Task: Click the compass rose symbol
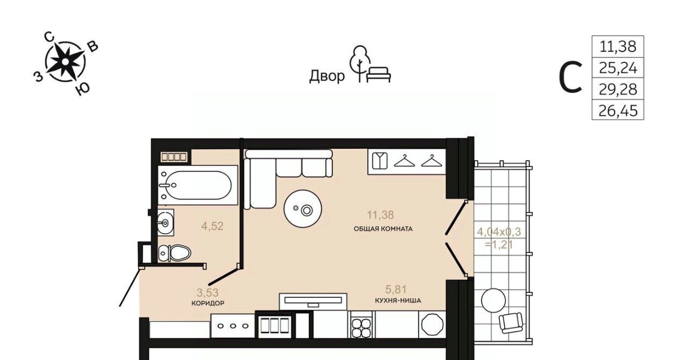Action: tap(65, 62)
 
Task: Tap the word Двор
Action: tap(327, 76)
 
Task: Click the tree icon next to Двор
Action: tap(360, 64)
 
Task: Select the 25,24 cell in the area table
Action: tap(618, 68)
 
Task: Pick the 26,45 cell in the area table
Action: tap(618, 110)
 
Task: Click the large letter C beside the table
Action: tap(570, 77)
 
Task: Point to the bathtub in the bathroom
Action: tap(198, 185)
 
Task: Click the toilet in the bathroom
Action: tap(174, 253)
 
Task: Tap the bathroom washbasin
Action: tap(166, 222)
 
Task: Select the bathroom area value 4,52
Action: tap(212, 226)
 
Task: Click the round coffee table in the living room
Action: tap(303, 209)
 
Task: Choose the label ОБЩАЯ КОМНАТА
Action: tap(383, 229)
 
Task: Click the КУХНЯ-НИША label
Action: tap(398, 300)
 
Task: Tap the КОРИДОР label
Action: tap(207, 303)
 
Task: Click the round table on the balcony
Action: tap(493, 300)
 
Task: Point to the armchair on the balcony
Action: tap(511, 322)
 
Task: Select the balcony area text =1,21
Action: tap(499, 245)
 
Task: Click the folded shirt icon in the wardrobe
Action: tap(380, 161)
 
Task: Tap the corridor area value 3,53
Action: tap(207, 293)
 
